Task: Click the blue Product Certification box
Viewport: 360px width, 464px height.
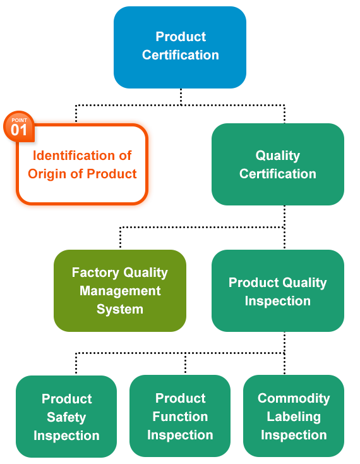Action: (180, 47)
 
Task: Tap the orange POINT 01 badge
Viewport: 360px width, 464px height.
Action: (19, 126)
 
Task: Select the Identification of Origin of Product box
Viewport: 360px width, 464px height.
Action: (82, 164)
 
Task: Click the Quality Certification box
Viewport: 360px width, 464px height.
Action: (278, 164)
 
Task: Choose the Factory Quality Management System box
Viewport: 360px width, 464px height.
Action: (120, 291)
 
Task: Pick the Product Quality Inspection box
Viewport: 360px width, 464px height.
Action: (278, 291)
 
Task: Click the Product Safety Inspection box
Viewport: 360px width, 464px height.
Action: (66, 417)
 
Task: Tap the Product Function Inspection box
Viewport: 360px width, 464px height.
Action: (180, 416)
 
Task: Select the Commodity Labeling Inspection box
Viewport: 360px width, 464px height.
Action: (294, 416)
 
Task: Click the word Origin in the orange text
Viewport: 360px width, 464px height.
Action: (47, 174)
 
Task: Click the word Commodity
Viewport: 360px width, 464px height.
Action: (294, 399)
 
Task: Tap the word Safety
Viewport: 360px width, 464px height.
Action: (66, 418)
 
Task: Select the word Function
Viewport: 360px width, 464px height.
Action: (180, 417)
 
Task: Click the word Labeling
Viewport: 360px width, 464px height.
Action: (294, 417)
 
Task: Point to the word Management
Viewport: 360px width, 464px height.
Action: (120, 291)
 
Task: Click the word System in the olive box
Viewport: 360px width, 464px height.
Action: (120, 310)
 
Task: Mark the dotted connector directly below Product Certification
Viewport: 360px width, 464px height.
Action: (181, 97)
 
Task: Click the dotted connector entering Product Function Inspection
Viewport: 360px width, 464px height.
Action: (185, 363)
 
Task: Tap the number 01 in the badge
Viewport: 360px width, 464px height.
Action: (19, 130)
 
